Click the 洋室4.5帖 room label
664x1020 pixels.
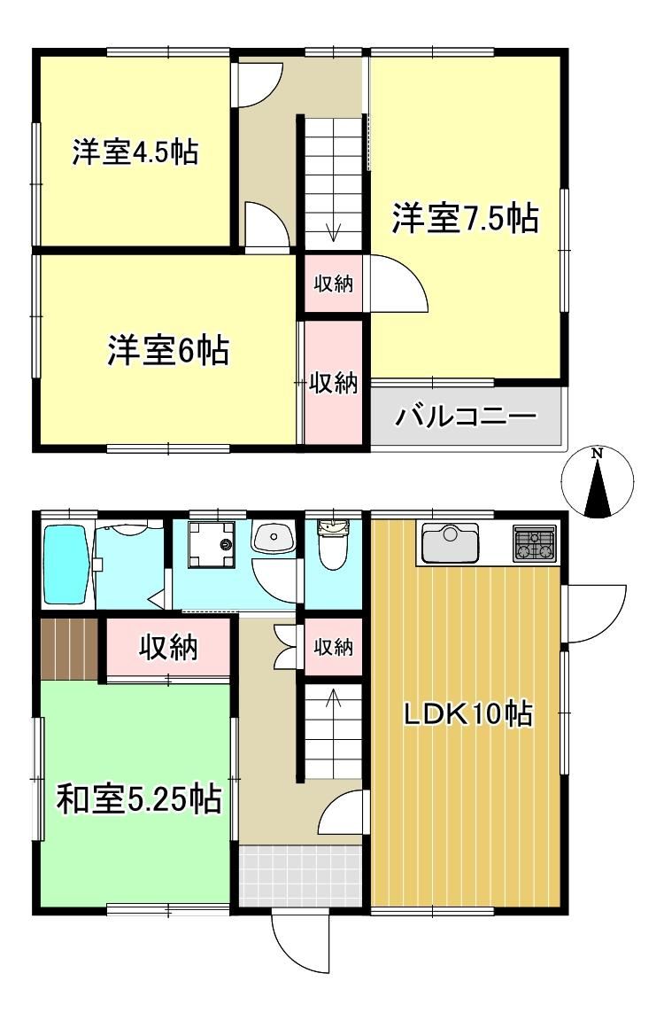pyautogui.click(x=135, y=152)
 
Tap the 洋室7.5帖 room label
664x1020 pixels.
pyautogui.click(x=465, y=218)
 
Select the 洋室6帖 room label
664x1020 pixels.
pyautogui.click(x=168, y=350)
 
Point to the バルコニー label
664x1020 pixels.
pyautogui.click(x=467, y=415)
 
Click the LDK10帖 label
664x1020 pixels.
pyautogui.click(x=468, y=714)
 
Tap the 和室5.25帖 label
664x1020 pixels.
pyautogui.click(x=139, y=798)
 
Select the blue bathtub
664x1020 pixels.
pyautogui.click(x=66, y=565)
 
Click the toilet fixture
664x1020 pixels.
pyautogui.click(x=333, y=545)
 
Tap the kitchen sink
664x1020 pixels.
pyautogui.click(x=450, y=542)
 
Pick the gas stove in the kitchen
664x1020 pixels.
pyautogui.click(x=535, y=544)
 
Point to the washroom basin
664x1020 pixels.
pyautogui.click(x=274, y=538)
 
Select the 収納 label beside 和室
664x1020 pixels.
pyautogui.click(x=168, y=647)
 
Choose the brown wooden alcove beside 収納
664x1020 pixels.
pyautogui.click(x=70, y=649)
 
